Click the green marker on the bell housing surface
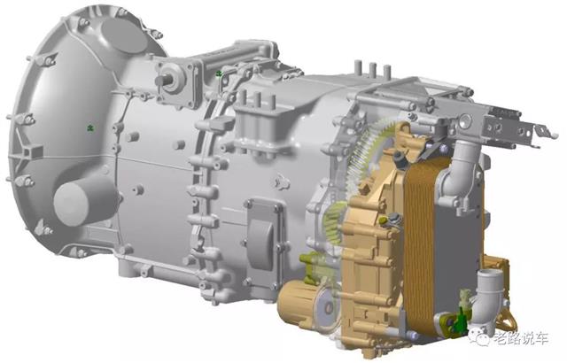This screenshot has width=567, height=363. point(90,127)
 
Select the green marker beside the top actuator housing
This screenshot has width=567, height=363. point(219,74)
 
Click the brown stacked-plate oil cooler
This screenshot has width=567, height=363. point(419,245)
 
